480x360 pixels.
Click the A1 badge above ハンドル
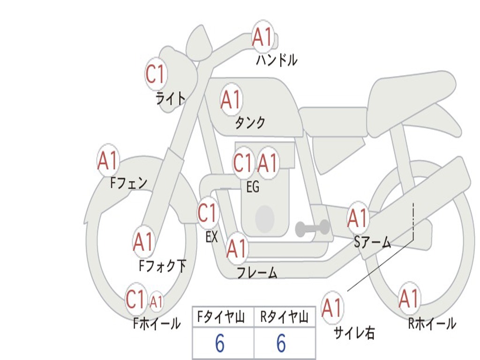(262, 37)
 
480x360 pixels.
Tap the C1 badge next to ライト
(156, 74)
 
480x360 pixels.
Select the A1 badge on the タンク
(231, 99)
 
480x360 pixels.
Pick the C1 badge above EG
(243, 163)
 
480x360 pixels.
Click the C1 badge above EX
(207, 213)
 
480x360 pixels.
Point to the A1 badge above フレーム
(236, 248)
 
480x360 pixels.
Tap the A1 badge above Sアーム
(358, 218)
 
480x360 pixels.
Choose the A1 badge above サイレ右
(332, 307)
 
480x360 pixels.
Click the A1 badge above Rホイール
(408, 299)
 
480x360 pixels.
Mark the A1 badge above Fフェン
(108, 161)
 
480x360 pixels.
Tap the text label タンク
(250, 123)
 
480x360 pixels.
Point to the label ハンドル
(277, 60)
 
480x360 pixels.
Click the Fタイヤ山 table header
(223, 317)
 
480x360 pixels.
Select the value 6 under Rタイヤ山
(281, 344)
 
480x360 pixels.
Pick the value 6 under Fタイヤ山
(219, 344)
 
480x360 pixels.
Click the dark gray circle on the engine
(265, 218)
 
